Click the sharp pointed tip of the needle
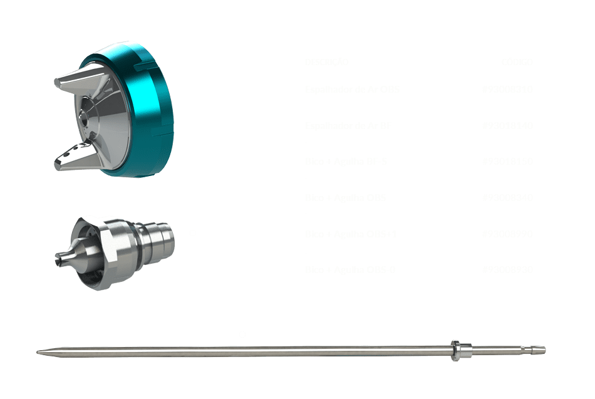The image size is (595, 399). tap(39, 352)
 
